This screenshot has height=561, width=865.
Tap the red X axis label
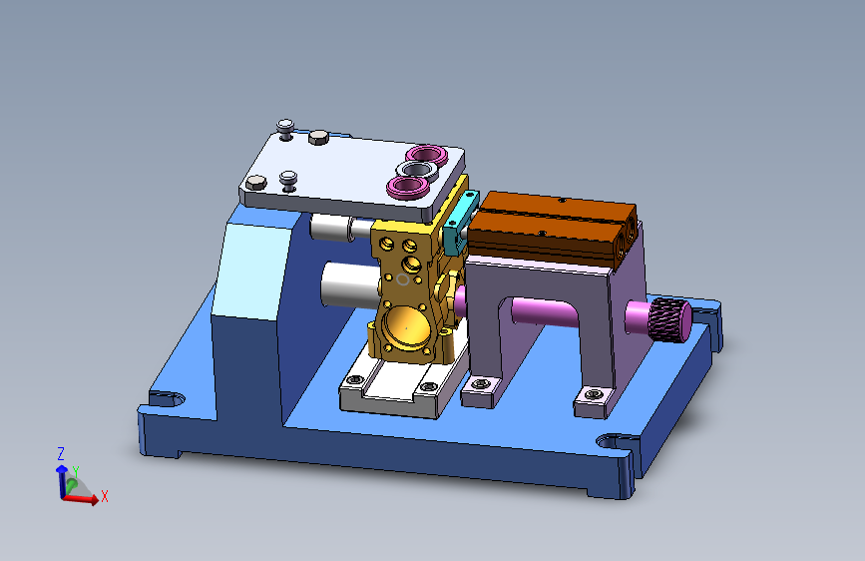click(104, 495)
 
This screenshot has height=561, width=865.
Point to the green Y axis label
click(75, 472)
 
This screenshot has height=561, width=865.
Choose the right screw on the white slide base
click(429, 387)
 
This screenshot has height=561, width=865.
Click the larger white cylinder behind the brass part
click(345, 284)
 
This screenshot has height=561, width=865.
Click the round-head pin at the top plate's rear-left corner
click(285, 126)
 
